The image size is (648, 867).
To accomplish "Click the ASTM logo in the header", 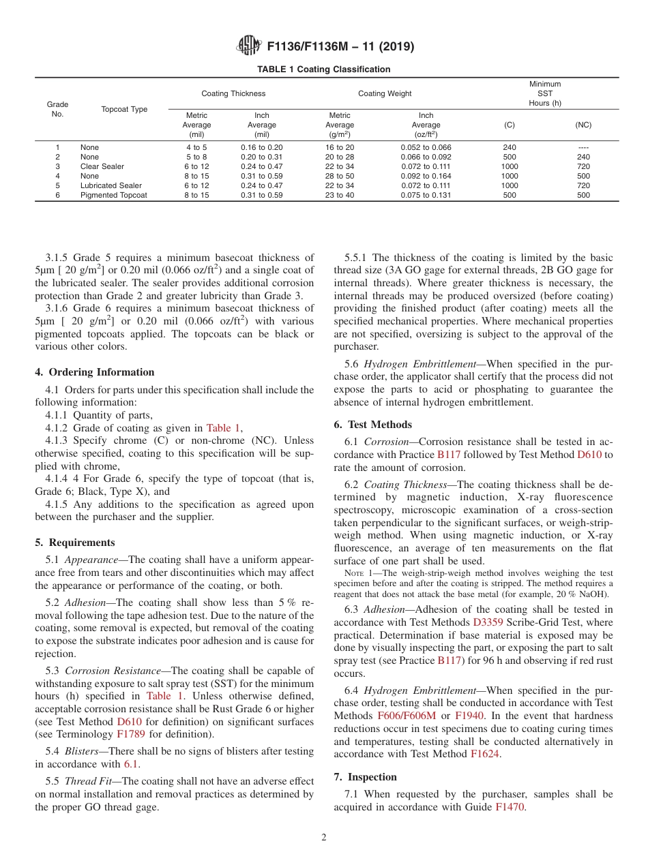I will (x=249, y=46).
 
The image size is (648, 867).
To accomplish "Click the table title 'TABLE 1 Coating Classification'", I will (x=323, y=70).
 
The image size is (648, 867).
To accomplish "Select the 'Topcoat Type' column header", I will (x=124, y=110).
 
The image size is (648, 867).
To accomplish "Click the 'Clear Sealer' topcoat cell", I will (x=102, y=166).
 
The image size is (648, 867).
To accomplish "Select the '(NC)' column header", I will (x=583, y=125).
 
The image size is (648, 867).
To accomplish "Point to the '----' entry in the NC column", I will (x=583, y=147).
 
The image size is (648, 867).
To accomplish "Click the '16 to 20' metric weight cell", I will (x=340, y=147).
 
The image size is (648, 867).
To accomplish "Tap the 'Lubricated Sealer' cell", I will (x=111, y=185).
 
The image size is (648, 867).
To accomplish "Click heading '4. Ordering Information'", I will (x=95, y=372).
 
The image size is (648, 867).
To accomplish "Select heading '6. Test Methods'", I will (x=372, y=425).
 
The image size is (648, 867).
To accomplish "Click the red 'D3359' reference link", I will (x=486, y=622).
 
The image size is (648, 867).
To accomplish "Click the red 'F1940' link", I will (x=469, y=716).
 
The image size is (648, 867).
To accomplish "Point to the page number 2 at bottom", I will (x=324, y=838).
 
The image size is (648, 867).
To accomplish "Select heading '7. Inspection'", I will (x=365, y=777).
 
